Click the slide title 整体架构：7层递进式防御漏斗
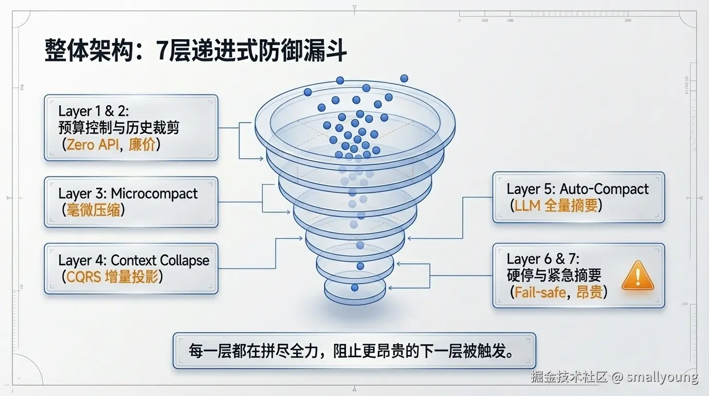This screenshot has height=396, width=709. pyautogui.click(x=195, y=53)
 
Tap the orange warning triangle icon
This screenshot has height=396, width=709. pyautogui.click(x=637, y=276)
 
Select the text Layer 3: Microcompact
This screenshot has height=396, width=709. pyautogui.click(x=128, y=194)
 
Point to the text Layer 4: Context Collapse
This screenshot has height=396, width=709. pyautogui.click(x=134, y=260)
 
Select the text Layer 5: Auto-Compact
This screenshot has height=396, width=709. pyautogui.click(x=578, y=189)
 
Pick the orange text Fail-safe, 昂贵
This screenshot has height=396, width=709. pyautogui.click(x=558, y=292)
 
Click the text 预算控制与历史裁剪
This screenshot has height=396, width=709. pyautogui.click(x=119, y=127)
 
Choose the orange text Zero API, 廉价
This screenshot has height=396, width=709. pyautogui.click(x=111, y=144)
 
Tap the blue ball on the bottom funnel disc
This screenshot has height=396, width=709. pyautogui.click(x=354, y=287)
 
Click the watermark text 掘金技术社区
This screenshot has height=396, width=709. pyautogui.click(x=570, y=377)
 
